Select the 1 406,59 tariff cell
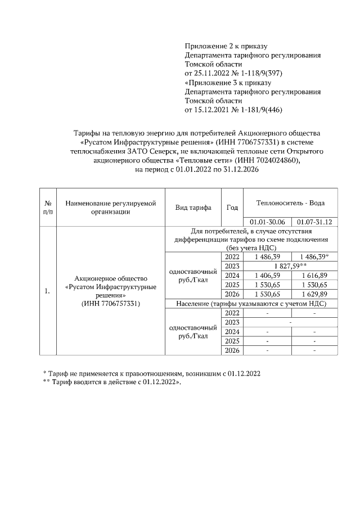pos(267,275)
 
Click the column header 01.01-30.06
pos(267,222)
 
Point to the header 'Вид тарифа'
pos(193,208)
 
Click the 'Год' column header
pos(232,208)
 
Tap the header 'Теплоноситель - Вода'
pos(290,203)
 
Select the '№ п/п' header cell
pos(49,208)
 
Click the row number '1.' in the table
pos(49,291)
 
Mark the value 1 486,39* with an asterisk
pos(314,256)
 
